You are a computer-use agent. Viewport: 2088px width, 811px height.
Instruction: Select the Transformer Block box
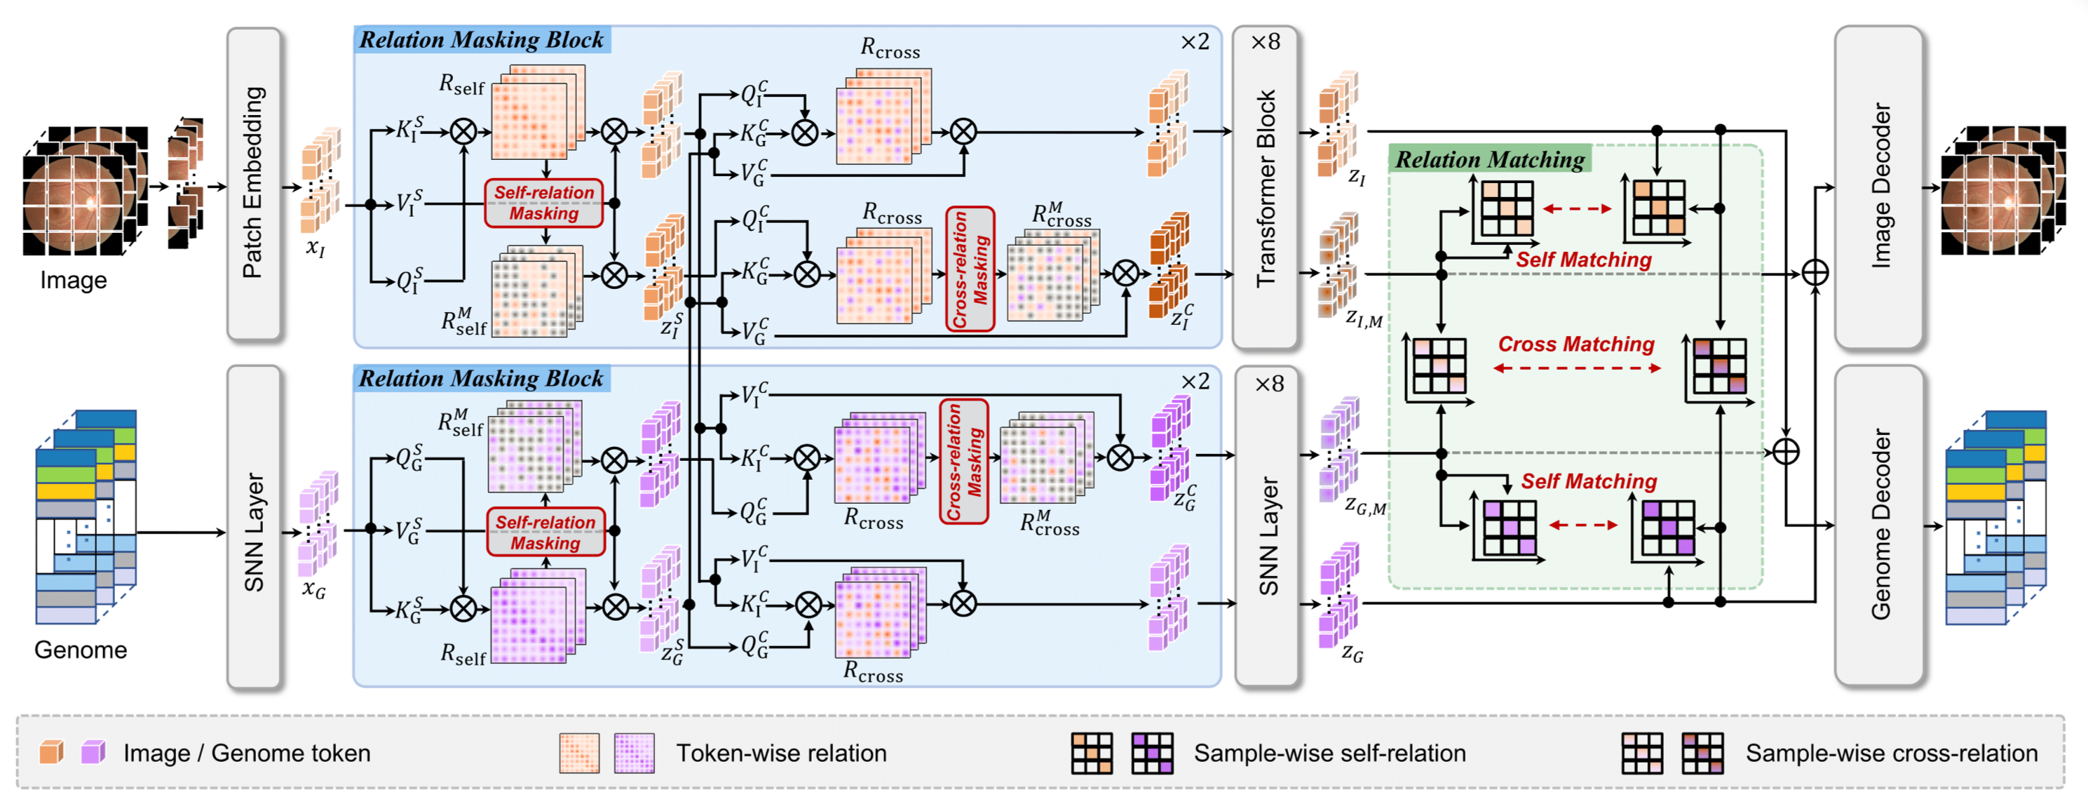click(x=1266, y=187)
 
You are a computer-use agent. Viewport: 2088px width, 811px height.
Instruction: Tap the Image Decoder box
click(x=1878, y=187)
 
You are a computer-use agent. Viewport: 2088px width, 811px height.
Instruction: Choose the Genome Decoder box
click(x=1878, y=525)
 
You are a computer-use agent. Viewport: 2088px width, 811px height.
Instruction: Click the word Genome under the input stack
click(x=80, y=650)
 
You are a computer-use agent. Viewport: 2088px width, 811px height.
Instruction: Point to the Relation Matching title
click(x=1490, y=159)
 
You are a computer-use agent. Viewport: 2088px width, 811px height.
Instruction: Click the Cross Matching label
click(x=1575, y=344)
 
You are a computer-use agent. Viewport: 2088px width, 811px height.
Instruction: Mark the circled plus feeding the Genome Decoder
click(x=1786, y=452)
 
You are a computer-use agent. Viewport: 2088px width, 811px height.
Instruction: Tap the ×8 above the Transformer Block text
click(x=1266, y=41)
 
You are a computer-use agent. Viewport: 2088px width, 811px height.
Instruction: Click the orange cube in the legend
click(x=51, y=752)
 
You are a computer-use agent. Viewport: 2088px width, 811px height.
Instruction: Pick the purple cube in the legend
click(x=93, y=752)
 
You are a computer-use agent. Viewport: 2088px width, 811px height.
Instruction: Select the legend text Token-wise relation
click(x=781, y=753)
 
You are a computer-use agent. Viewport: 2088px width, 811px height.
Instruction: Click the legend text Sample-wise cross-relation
click(x=1891, y=753)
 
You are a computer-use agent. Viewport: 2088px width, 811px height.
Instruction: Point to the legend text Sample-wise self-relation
click(x=1329, y=753)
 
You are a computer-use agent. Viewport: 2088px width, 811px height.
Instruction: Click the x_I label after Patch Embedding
click(x=316, y=246)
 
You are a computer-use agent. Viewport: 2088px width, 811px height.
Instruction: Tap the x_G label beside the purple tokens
click(x=313, y=589)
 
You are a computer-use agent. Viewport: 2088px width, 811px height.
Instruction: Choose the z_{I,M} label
click(x=1363, y=319)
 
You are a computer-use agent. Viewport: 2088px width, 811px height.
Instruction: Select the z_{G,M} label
click(x=1365, y=507)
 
